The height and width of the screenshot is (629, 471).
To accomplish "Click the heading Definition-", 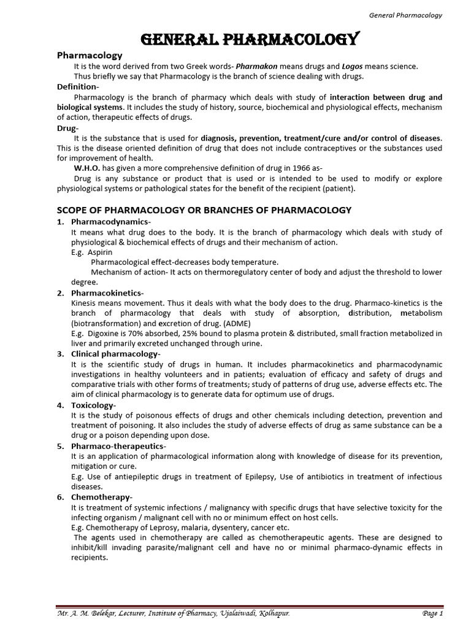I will point(78,87).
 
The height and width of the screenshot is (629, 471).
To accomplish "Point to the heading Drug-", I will point(67,128).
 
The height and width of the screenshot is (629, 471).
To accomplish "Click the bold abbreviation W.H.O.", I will point(86,168).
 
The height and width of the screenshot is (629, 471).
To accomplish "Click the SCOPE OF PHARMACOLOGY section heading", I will point(204,210).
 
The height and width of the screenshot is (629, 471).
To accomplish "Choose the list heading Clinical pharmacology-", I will point(116,354).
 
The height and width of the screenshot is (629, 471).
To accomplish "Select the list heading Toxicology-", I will point(93,405).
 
